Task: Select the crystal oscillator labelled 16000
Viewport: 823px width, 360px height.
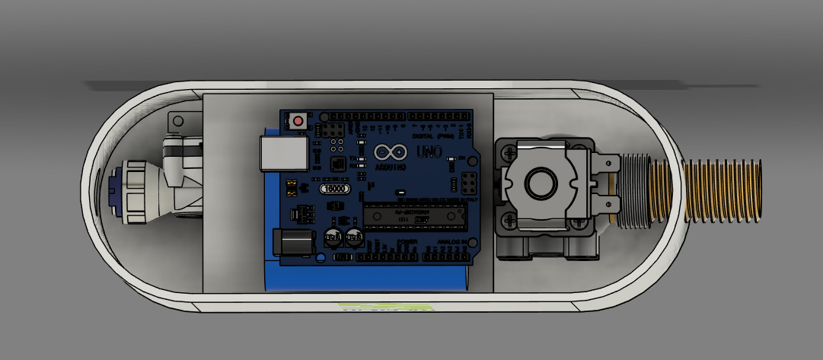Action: [335, 189]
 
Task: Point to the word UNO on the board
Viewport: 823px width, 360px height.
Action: [428, 151]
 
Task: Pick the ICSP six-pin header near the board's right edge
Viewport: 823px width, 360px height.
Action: [468, 183]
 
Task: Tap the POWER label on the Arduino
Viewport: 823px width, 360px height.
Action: [407, 243]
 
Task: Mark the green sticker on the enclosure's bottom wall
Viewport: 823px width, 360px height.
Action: [385, 307]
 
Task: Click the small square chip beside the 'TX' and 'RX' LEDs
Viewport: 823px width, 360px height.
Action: [337, 163]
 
